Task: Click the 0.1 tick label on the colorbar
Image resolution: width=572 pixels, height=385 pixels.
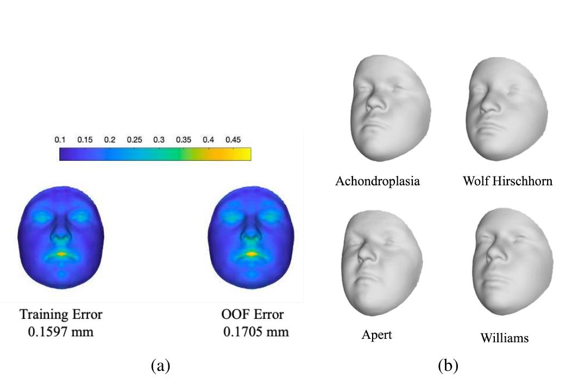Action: click(x=60, y=140)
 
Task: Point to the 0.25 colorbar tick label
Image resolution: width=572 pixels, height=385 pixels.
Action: click(x=134, y=140)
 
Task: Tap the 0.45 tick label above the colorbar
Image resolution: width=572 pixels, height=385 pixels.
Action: click(x=233, y=140)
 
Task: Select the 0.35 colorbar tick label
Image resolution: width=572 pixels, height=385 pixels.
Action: click(x=184, y=140)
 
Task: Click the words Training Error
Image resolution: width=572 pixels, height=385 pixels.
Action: click(x=61, y=314)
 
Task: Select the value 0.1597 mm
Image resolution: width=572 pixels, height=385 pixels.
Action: click(x=60, y=332)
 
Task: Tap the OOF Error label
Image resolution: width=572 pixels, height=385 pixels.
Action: click(x=253, y=314)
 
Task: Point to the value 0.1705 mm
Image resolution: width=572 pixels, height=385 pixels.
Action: click(x=256, y=332)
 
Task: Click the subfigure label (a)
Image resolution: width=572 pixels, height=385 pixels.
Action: click(x=160, y=365)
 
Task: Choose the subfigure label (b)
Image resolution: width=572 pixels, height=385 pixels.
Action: click(x=448, y=365)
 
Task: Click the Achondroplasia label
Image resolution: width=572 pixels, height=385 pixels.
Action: click(x=378, y=181)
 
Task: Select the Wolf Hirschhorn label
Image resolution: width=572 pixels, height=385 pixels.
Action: click(x=507, y=181)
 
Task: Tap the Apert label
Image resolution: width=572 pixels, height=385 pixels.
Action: click(x=377, y=334)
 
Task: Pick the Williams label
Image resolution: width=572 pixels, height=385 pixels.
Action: click(x=504, y=338)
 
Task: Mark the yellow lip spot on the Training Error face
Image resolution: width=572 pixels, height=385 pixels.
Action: click(x=61, y=254)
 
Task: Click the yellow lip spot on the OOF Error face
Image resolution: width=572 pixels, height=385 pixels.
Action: click(x=252, y=254)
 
